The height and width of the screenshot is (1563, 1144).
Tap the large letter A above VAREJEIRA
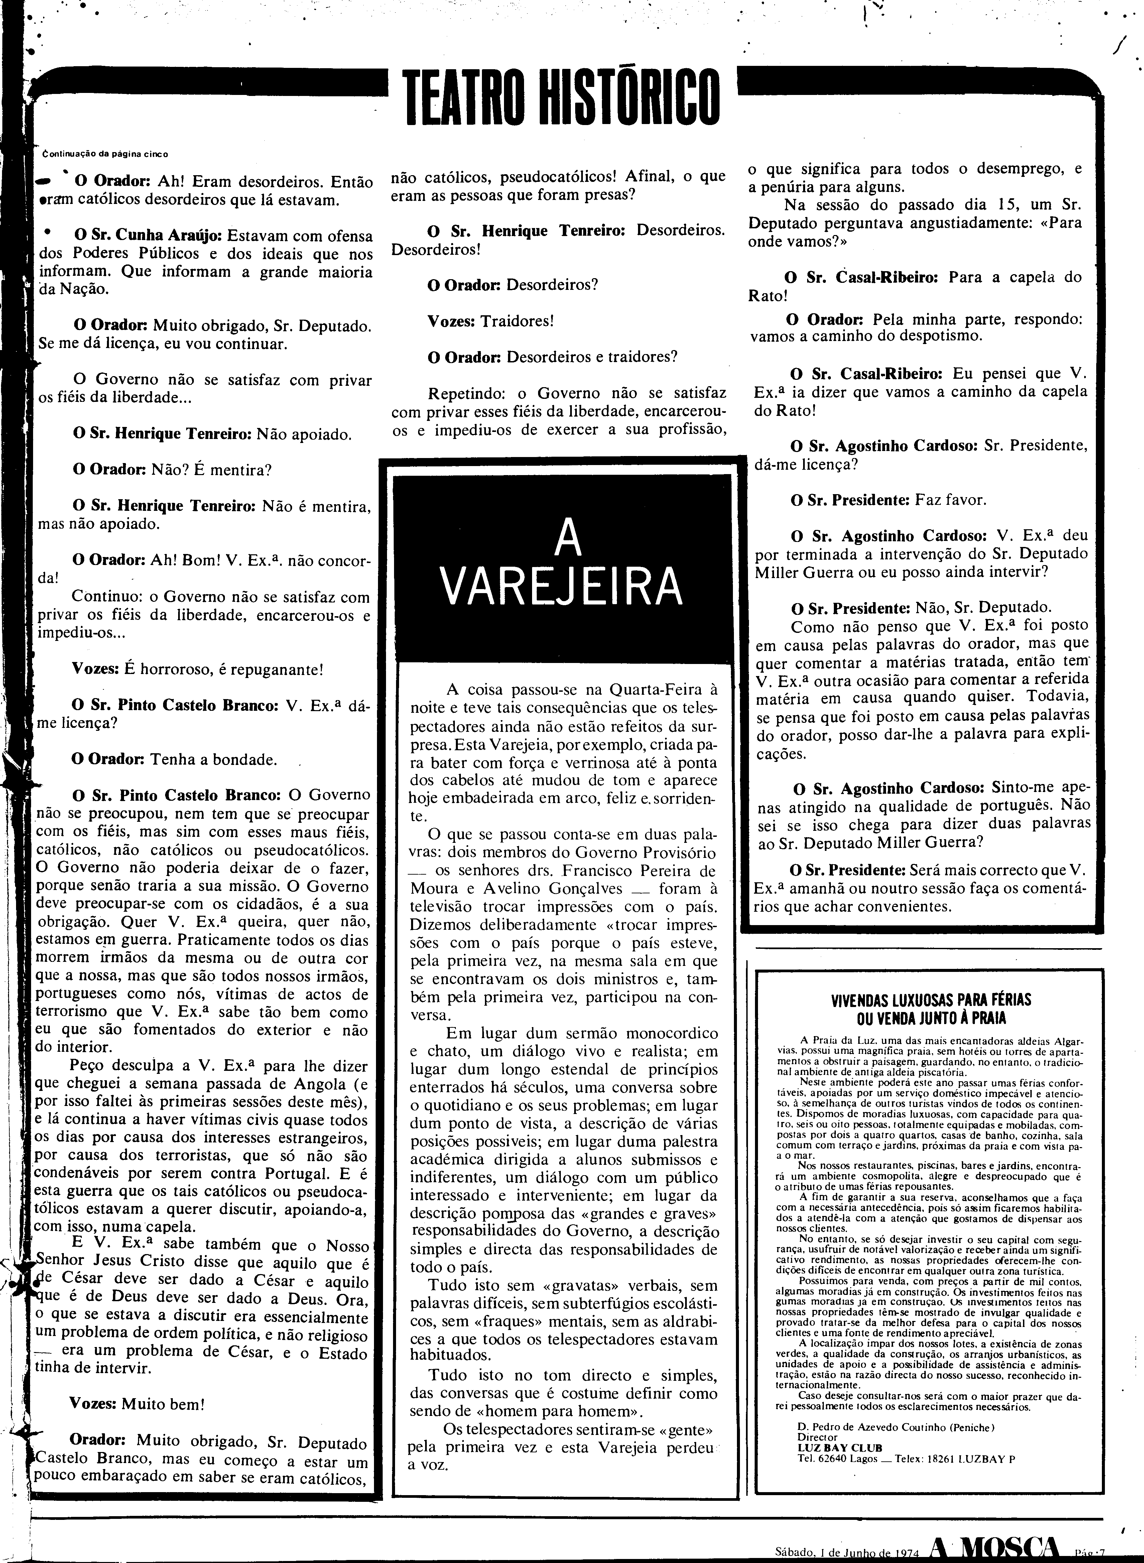coord(568,539)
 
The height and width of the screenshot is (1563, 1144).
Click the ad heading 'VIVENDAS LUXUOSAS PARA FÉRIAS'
coord(921,1000)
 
